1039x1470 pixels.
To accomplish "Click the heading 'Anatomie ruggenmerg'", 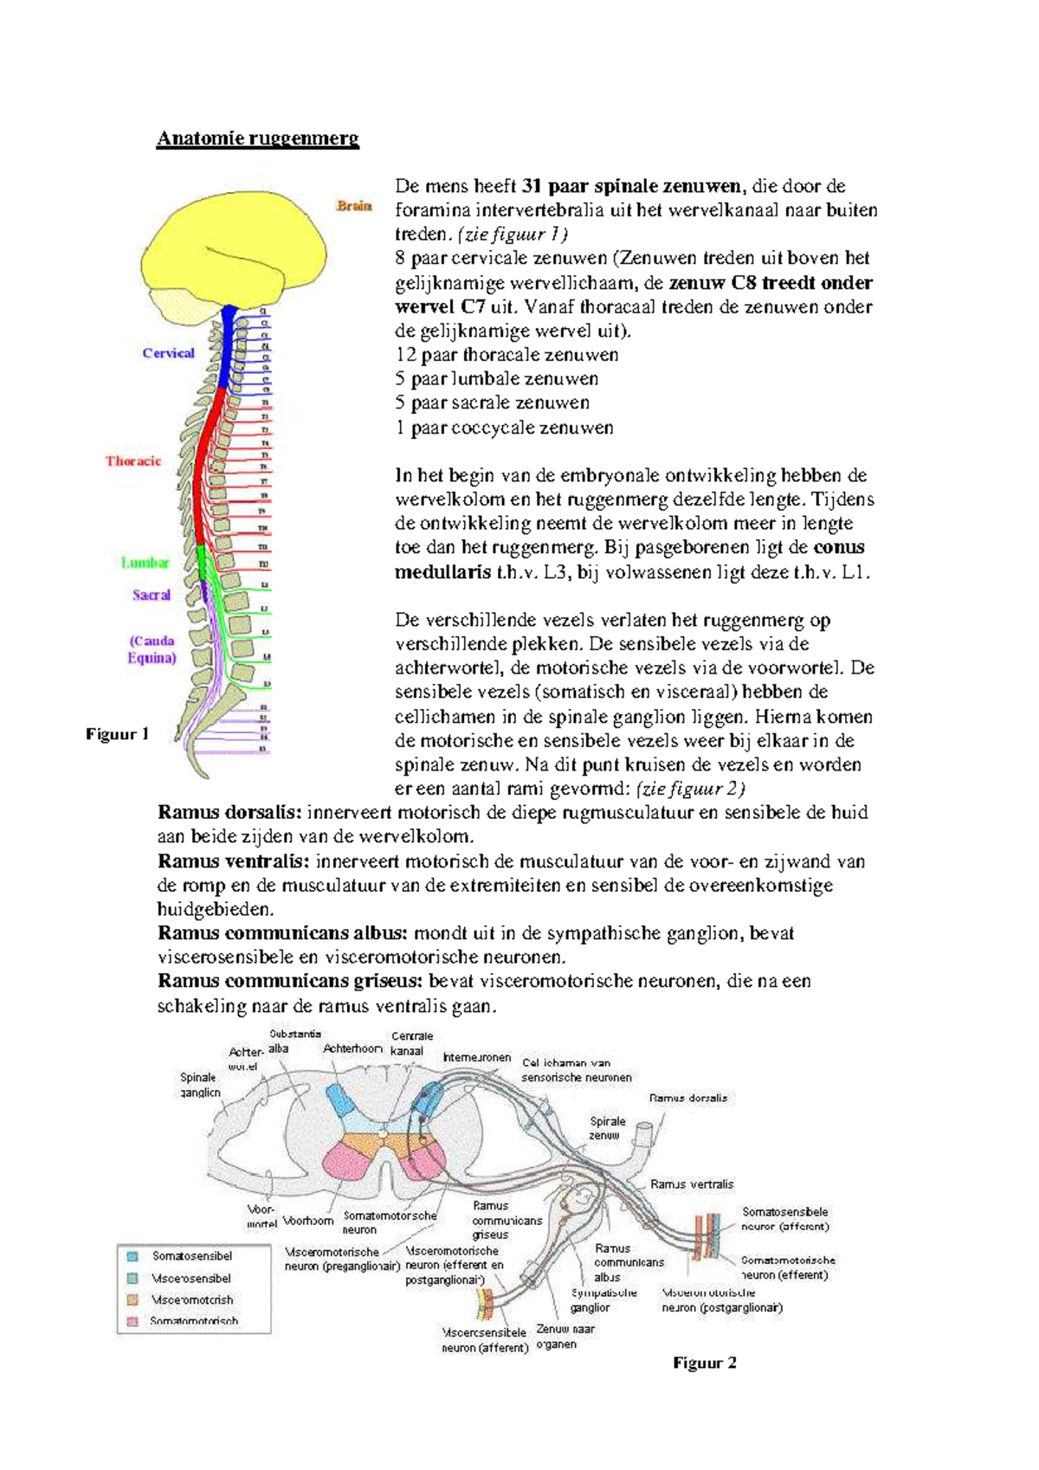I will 257,139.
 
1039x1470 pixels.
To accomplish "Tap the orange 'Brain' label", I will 354,206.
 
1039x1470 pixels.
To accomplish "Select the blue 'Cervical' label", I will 168,353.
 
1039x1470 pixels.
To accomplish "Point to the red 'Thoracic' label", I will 133,461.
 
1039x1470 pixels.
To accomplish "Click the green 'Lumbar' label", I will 145,563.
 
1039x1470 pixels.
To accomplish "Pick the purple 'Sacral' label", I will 152,595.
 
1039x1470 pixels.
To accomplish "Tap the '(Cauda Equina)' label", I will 152,649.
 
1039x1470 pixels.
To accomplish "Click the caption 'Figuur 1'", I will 117,734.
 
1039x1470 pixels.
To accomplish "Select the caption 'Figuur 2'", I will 704,1363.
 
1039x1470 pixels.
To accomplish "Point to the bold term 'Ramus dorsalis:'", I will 229,812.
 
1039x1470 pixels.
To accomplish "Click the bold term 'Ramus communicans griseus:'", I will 290,981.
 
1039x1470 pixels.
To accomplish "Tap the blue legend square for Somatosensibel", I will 132,1255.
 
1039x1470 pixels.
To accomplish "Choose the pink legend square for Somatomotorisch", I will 132,1321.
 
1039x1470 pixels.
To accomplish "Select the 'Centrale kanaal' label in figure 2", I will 411,1043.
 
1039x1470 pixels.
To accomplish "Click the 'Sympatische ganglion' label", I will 603,1299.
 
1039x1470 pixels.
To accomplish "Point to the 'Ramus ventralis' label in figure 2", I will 692,1183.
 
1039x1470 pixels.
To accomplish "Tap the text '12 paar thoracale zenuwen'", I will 507,355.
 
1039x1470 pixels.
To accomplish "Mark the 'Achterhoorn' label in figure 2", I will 352,1048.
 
